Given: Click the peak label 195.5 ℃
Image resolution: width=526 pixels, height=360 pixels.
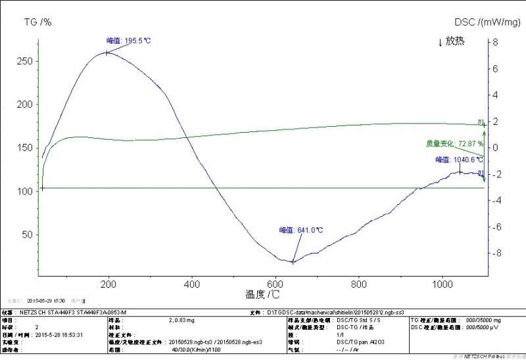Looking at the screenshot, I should tap(129, 41).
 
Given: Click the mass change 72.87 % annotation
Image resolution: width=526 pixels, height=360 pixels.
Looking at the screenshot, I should tap(454, 143).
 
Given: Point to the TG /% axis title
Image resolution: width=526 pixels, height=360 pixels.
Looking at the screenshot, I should tap(37, 22).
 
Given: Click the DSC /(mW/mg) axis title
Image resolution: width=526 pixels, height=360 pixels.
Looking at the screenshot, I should tap(487, 22).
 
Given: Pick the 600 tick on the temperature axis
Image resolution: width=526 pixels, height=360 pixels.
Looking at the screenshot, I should tap(275, 284).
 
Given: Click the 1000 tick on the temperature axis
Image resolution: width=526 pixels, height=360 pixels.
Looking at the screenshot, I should tap(442, 284).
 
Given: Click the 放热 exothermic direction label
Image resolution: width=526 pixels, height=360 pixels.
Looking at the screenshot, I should tap(451, 41).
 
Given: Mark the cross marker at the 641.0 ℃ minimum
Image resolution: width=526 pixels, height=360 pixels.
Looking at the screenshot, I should tap(293, 261).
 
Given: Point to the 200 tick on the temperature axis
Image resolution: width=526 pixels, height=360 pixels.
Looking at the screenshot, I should tap(108, 284).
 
